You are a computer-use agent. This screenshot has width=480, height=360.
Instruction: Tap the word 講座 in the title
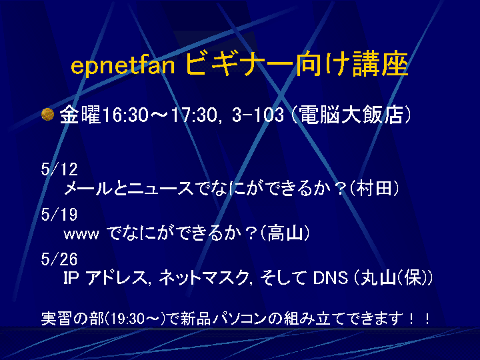[x=381, y=64]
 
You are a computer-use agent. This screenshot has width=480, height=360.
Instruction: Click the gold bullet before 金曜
[x=48, y=115]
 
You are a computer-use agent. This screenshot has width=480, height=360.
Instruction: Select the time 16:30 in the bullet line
[x=125, y=115]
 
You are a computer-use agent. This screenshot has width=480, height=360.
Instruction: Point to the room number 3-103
[x=258, y=115]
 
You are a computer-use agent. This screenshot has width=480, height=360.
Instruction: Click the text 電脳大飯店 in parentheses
[x=350, y=115]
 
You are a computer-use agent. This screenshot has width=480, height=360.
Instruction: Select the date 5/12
[x=59, y=169]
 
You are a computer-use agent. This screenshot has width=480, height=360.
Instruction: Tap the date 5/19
[x=59, y=214]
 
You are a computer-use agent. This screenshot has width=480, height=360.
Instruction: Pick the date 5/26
[x=59, y=259]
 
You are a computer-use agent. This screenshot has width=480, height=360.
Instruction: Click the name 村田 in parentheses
[x=374, y=187]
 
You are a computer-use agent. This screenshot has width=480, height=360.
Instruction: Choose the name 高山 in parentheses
[x=285, y=233]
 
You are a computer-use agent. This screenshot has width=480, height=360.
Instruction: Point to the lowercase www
[x=81, y=235]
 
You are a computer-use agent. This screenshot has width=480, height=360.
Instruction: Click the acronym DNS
[x=331, y=278]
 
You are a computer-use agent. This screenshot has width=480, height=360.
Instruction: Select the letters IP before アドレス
[x=71, y=278]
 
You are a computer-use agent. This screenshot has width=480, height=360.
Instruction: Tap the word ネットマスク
[x=203, y=278]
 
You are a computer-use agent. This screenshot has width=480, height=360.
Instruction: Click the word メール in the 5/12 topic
[x=88, y=188]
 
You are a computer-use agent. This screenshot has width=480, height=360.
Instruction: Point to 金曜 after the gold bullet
[x=80, y=115]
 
